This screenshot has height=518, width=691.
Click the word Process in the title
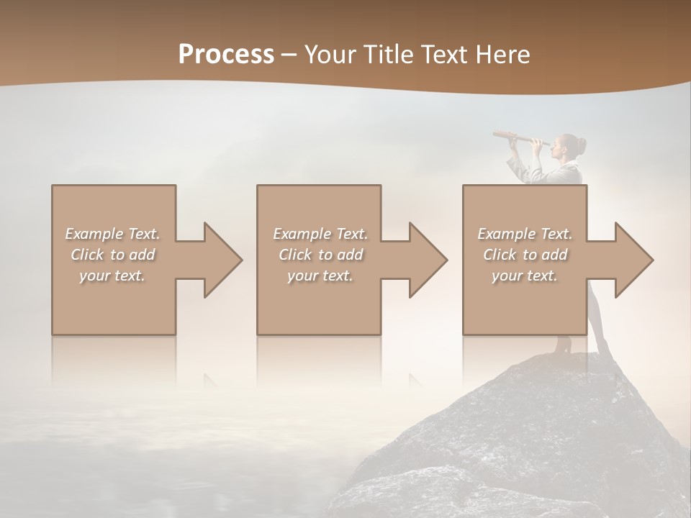pyautogui.click(x=226, y=55)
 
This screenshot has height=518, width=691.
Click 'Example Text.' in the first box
pyautogui.click(x=112, y=234)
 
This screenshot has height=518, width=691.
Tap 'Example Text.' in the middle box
pyautogui.click(x=320, y=234)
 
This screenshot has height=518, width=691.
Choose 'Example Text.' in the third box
pyautogui.click(x=525, y=234)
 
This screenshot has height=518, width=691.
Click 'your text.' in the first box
pyautogui.click(x=112, y=276)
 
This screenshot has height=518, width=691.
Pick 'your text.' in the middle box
pyautogui.click(x=320, y=276)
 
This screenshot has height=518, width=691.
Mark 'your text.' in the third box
pyautogui.click(x=525, y=276)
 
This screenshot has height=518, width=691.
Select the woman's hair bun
pyautogui.click(x=581, y=145)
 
